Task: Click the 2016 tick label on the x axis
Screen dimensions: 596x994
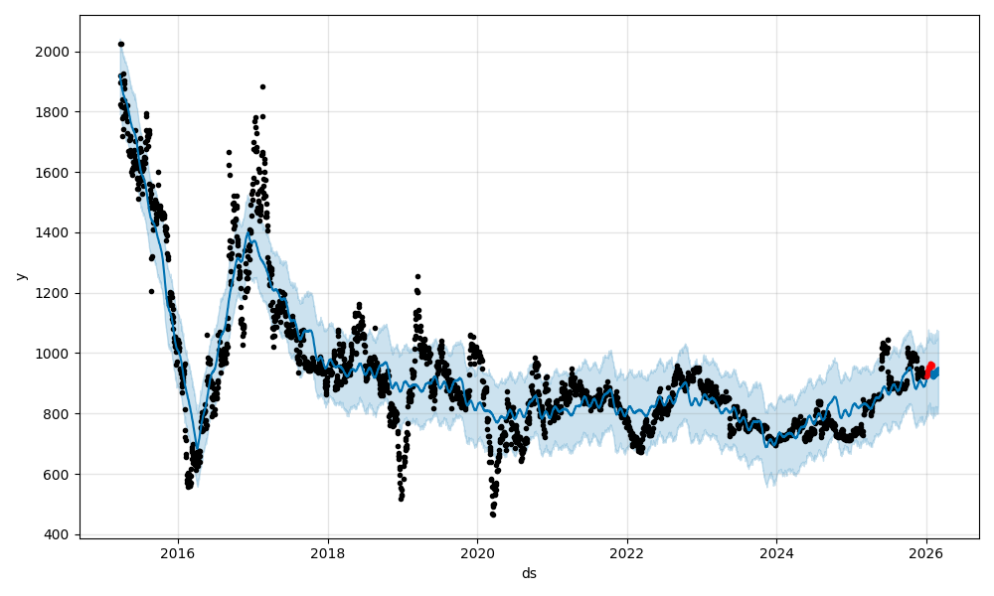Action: pos(178,554)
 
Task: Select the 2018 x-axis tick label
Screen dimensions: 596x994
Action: pos(328,554)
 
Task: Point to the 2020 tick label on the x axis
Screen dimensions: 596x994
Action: pos(477,554)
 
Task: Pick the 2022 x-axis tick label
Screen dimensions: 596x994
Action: pos(627,554)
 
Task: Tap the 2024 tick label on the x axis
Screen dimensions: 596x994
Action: pos(776,554)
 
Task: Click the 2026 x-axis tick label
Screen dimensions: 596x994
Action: pos(926,554)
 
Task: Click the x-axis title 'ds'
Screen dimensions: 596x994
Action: pos(529,573)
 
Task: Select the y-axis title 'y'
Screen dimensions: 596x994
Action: pos(19,276)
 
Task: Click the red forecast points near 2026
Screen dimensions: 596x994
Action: pos(930,368)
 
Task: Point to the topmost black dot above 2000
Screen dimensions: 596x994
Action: pos(120,44)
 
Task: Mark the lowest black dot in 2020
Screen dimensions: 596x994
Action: pos(492,514)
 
